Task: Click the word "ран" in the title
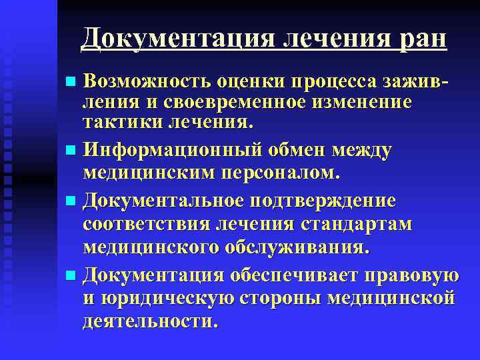pyautogui.click(x=423, y=37)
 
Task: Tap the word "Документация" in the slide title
pyautogui.click(x=177, y=37)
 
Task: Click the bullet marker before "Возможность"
pyautogui.click(x=71, y=82)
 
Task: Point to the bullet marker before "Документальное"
pyautogui.click(x=71, y=201)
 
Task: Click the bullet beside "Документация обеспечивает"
pyautogui.click(x=71, y=276)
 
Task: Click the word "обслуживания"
pyautogui.click(x=297, y=247)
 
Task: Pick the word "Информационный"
pyautogui.click(x=169, y=150)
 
